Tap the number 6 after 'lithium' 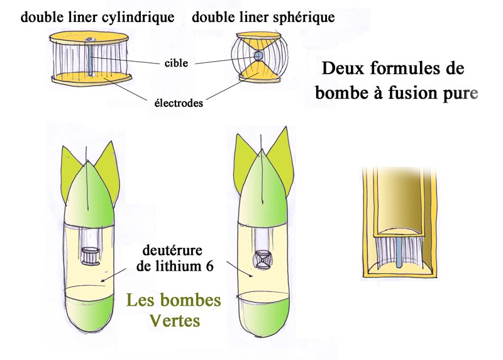(x=209, y=266)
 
